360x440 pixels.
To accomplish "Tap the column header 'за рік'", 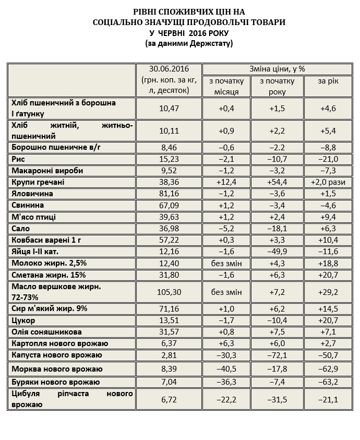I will pos(328,81).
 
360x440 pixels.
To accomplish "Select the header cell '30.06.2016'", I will pos(169,69).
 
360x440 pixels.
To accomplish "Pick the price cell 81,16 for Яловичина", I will pos(169,194).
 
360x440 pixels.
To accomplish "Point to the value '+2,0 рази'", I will pos(328,182).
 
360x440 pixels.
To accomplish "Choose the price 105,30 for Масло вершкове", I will pos(169,291).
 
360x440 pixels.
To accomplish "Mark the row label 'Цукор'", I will pos(22,320).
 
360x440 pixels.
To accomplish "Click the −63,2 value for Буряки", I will pos(328,382).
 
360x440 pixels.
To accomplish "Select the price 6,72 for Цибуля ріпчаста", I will pos(169,399).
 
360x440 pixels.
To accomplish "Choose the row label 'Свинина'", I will pos(26,205).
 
